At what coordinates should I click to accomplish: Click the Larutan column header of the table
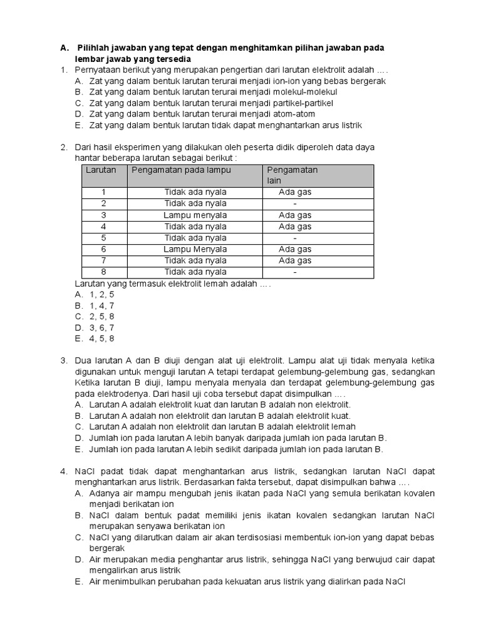click(x=100, y=170)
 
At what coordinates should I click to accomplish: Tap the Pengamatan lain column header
click(x=292, y=175)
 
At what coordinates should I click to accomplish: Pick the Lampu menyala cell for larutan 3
click(x=195, y=215)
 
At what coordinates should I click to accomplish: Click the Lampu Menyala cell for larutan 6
click(x=195, y=249)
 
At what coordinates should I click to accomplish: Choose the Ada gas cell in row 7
click(x=295, y=260)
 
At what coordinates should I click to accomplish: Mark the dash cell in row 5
click(x=295, y=238)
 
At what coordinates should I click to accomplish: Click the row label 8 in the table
click(x=104, y=272)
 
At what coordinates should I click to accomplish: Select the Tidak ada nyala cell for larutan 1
click(x=195, y=192)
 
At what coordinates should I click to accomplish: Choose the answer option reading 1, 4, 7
click(x=101, y=305)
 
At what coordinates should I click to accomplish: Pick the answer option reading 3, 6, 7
click(x=101, y=327)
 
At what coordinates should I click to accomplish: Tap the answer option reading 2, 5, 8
click(x=101, y=317)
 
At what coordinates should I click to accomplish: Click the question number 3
click(x=64, y=361)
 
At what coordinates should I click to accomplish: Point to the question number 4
click(x=64, y=471)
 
